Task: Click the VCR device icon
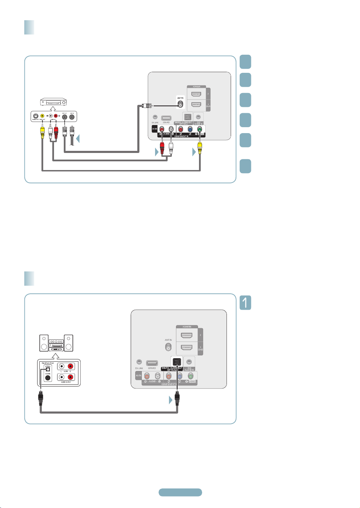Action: (x=53, y=102)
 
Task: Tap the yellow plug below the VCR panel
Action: (x=42, y=131)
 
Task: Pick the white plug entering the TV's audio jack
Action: (x=171, y=148)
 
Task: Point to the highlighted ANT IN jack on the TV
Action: (x=180, y=105)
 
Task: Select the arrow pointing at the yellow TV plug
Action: (x=194, y=152)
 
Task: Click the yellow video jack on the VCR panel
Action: (x=42, y=116)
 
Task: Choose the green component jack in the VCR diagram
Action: (x=199, y=129)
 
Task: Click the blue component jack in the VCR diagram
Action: (x=190, y=129)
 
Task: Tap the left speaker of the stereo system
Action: (x=44, y=342)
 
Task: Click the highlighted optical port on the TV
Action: (x=177, y=362)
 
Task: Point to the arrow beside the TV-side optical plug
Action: (x=171, y=400)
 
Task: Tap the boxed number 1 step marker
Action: (x=245, y=303)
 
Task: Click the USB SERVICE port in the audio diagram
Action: (x=152, y=363)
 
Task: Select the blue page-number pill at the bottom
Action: (x=180, y=492)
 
